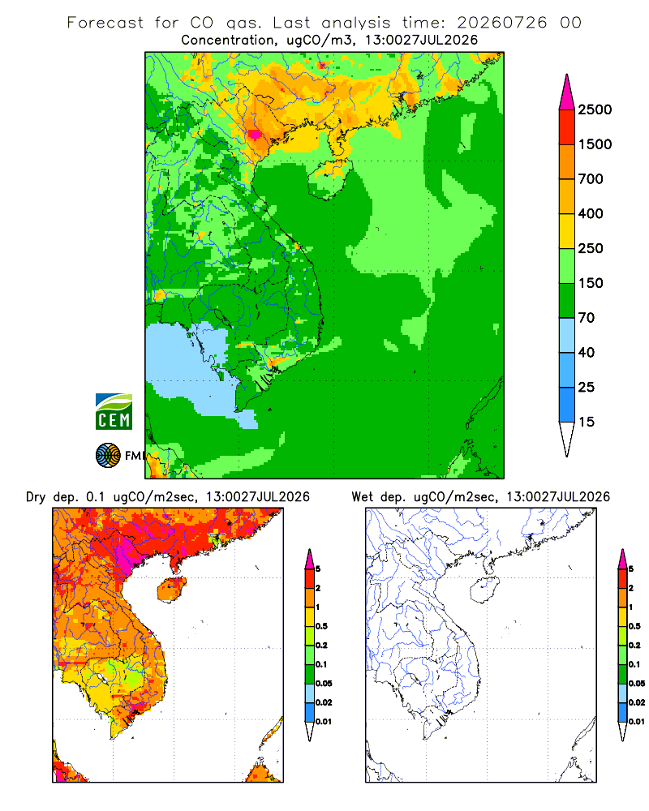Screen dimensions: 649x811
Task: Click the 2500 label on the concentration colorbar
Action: pyautogui.click(x=595, y=109)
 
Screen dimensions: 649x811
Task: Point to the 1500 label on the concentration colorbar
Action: pyautogui.click(x=595, y=144)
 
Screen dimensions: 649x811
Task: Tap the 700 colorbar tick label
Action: pyautogui.click(x=591, y=179)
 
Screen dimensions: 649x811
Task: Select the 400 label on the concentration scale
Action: pyautogui.click(x=591, y=213)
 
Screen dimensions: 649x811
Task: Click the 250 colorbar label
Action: pyautogui.click(x=591, y=248)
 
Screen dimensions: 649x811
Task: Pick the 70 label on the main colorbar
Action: pyautogui.click(x=587, y=318)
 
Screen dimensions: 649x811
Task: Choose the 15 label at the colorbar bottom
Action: pyautogui.click(x=587, y=422)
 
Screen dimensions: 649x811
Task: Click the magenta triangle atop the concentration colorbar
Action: pyautogui.click(x=567, y=93)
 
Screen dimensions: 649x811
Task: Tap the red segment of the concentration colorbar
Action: pyautogui.click(x=567, y=127)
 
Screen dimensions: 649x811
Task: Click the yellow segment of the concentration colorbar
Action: pyautogui.click(x=567, y=231)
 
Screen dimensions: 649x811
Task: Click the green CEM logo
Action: pyautogui.click(x=114, y=412)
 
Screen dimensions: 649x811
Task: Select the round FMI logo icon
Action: pyautogui.click(x=108, y=456)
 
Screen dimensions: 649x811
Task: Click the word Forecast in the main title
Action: pyautogui.click(x=105, y=23)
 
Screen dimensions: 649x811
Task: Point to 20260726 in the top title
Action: pyautogui.click(x=501, y=23)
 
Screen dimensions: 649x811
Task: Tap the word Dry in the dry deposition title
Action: pyautogui.click(x=35, y=497)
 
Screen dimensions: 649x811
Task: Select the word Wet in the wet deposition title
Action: pyautogui.click(x=362, y=497)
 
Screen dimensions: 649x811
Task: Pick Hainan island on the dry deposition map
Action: pyautogui.click(x=172, y=590)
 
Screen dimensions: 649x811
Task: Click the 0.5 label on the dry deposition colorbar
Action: pyautogui.click(x=321, y=626)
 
